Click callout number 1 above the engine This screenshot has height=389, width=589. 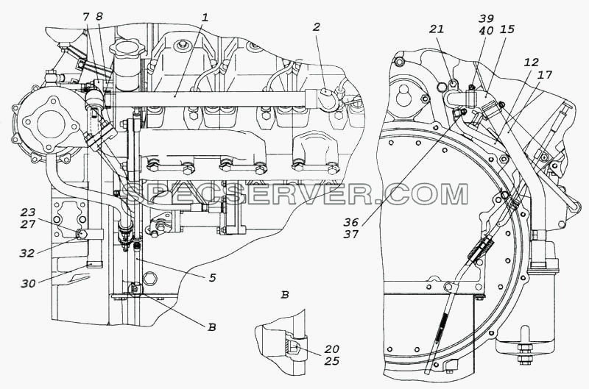(x=205, y=18)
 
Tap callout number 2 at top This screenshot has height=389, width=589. (x=317, y=27)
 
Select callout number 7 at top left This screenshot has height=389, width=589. (x=86, y=16)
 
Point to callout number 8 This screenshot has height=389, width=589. (x=99, y=16)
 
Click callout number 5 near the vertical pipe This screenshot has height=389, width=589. (x=212, y=278)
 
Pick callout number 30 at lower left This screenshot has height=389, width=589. (x=28, y=284)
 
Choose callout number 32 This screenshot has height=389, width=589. (x=27, y=253)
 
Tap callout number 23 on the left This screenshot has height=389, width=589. (x=28, y=213)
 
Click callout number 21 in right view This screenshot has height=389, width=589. (x=437, y=29)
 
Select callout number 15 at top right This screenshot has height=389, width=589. (x=507, y=29)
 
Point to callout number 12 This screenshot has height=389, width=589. (x=531, y=63)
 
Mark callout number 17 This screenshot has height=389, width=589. (x=545, y=75)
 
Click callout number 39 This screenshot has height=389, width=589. (x=486, y=18)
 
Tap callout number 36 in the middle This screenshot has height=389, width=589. (x=351, y=223)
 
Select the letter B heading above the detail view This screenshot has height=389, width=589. (x=285, y=295)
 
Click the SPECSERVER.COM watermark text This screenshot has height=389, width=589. (x=296, y=193)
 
